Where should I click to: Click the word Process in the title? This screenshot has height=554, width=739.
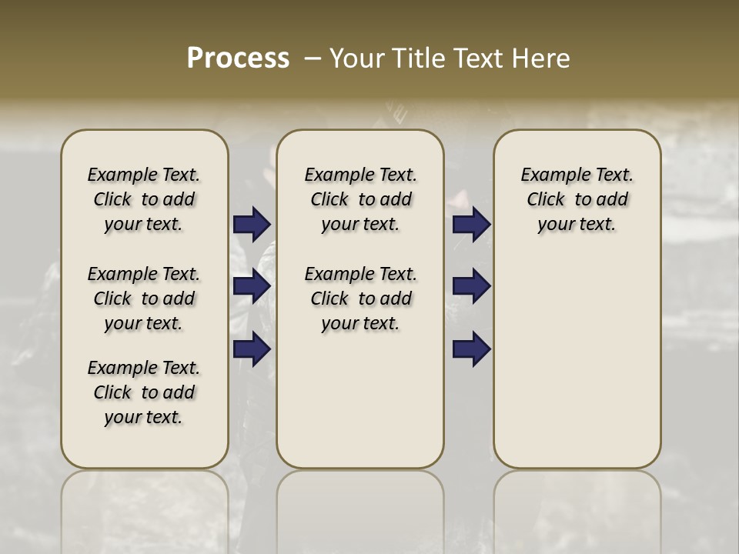point(238,58)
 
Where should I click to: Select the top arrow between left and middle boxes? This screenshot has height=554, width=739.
point(252,224)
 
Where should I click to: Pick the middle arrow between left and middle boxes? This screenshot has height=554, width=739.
point(252,286)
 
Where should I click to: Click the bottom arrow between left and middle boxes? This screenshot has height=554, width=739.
point(252,349)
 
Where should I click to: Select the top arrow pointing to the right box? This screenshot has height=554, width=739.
point(471,224)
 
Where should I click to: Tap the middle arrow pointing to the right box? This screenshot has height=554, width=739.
point(471,286)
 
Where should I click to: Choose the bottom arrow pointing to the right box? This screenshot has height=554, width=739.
point(471,349)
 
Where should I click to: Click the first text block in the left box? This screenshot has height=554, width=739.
point(144,199)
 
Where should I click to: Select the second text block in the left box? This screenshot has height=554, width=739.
point(144,299)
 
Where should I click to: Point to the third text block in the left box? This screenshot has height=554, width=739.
point(144,392)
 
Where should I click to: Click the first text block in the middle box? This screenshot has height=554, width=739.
point(361,199)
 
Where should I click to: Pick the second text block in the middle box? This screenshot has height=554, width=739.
point(361,299)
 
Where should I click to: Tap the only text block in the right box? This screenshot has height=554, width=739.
point(577,199)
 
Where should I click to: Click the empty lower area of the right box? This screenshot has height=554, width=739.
point(577,362)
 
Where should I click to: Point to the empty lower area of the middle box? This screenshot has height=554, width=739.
point(361,400)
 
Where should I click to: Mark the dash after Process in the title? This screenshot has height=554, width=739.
point(313,58)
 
